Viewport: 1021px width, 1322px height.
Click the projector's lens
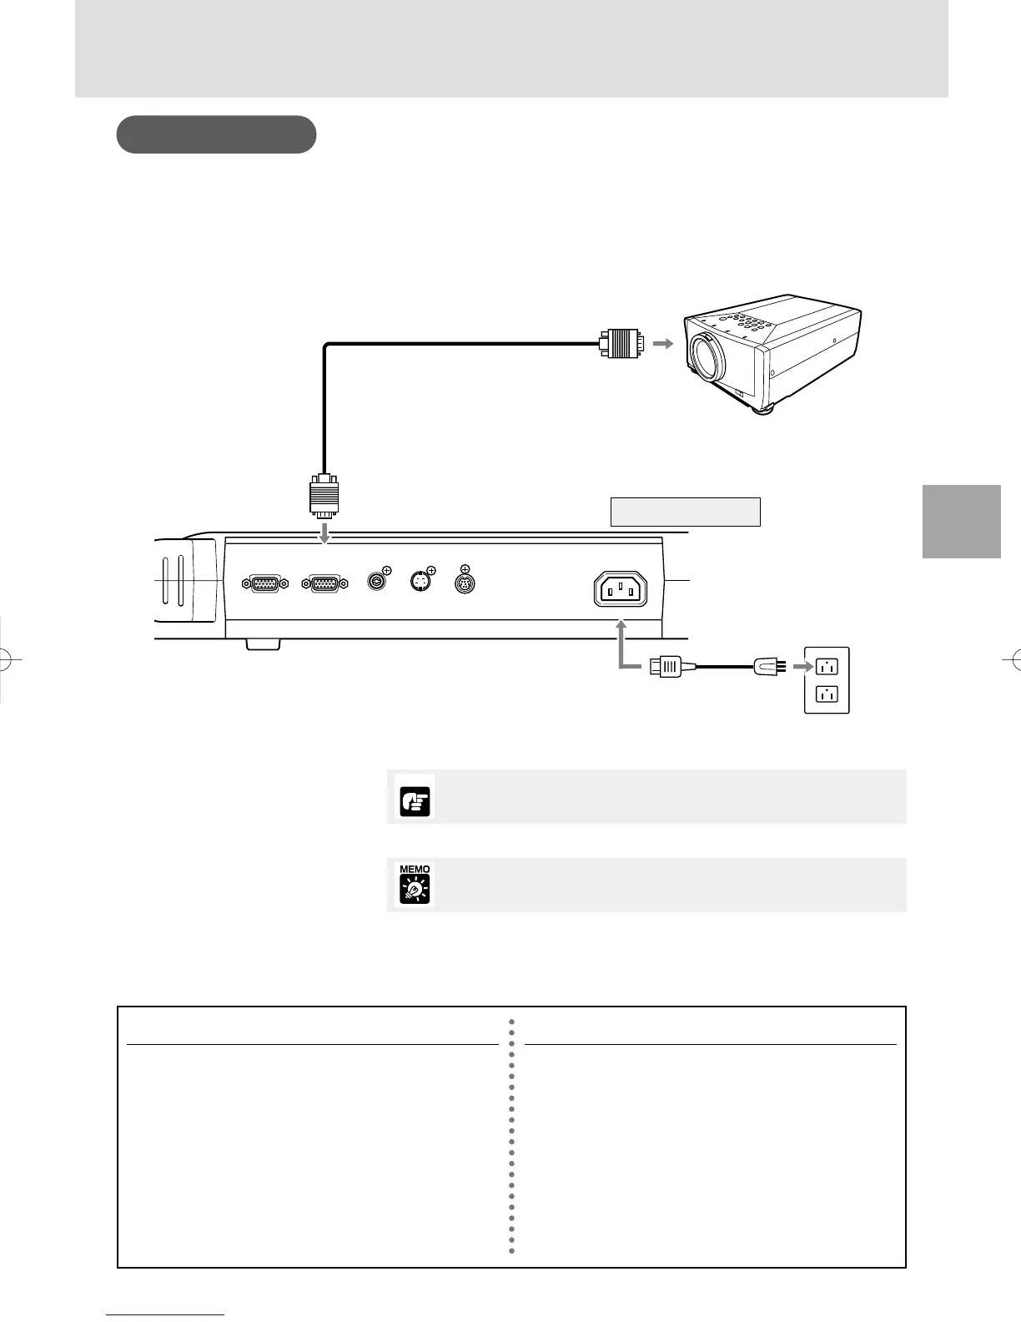tap(707, 354)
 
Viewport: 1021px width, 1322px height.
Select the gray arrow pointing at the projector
tap(663, 343)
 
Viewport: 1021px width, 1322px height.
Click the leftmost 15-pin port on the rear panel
tap(264, 585)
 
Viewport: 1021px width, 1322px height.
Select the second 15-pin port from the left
tap(325, 585)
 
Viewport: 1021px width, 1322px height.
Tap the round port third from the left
tap(378, 582)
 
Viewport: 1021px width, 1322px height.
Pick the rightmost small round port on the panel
tap(465, 583)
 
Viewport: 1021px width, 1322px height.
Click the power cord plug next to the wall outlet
tap(767, 666)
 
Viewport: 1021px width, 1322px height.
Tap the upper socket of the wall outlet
tap(826, 667)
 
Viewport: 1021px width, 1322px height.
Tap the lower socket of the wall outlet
tap(826, 693)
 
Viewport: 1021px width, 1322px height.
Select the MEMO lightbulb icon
tap(415, 886)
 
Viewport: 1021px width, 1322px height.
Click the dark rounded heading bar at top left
tap(216, 134)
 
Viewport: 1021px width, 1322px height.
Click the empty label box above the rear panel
tap(685, 512)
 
